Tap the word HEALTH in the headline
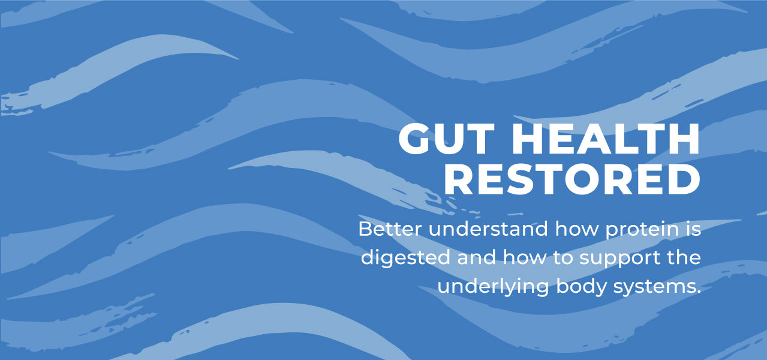point(607,140)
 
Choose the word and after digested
point(477,258)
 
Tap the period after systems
point(699,293)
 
